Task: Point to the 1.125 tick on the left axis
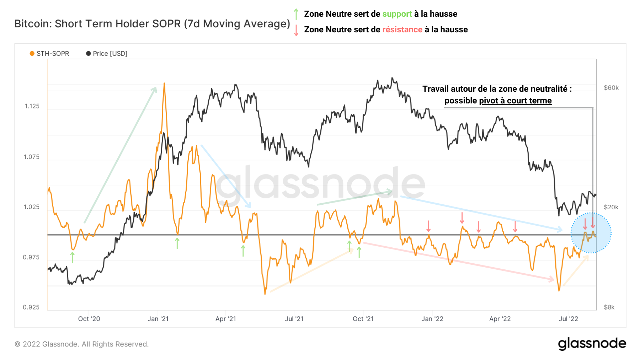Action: pos(32,106)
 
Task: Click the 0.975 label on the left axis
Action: pos(31,257)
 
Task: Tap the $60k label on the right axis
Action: pos(611,88)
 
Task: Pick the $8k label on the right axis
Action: pos(609,307)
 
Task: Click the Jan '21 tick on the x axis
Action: pos(158,319)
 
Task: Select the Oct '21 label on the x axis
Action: pos(363,319)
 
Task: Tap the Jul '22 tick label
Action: pos(568,319)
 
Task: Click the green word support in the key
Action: pos(397,14)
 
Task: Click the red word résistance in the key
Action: pos(402,30)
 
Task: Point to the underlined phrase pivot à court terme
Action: pos(515,101)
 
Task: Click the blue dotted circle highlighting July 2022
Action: pos(591,233)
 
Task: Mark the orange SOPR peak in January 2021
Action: pos(164,84)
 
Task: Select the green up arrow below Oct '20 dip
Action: pos(73,257)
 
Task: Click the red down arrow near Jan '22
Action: pos(428,226)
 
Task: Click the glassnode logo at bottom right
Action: pos(592,344)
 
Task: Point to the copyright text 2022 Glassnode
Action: pos(82,344)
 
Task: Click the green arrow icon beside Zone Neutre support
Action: pos(296,14)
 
